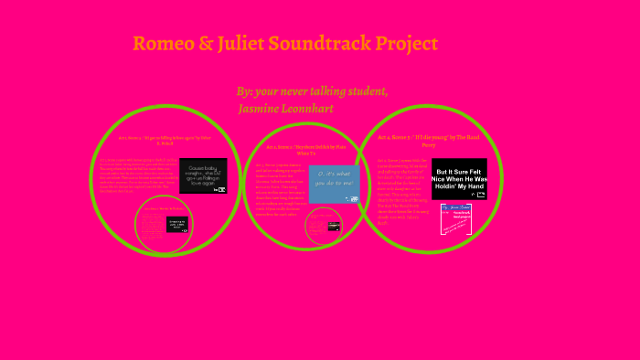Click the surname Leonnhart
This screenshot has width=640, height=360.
tap(308, 109)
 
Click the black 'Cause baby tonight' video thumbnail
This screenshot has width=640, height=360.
tap(202, 176)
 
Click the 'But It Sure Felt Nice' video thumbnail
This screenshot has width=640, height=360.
tap(459, 179)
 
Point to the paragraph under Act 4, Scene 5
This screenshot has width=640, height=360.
tap(401, 192)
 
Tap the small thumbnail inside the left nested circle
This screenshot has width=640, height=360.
tap(176, 225)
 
